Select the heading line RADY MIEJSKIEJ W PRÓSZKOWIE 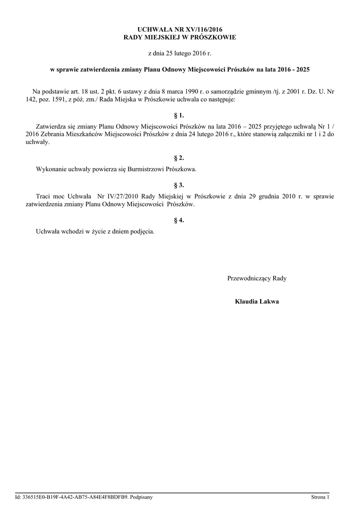point(180,38)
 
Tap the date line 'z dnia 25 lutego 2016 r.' point(180,53)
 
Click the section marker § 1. point(180,115)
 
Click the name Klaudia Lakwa point(257,301)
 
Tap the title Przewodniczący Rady point(257,278)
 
